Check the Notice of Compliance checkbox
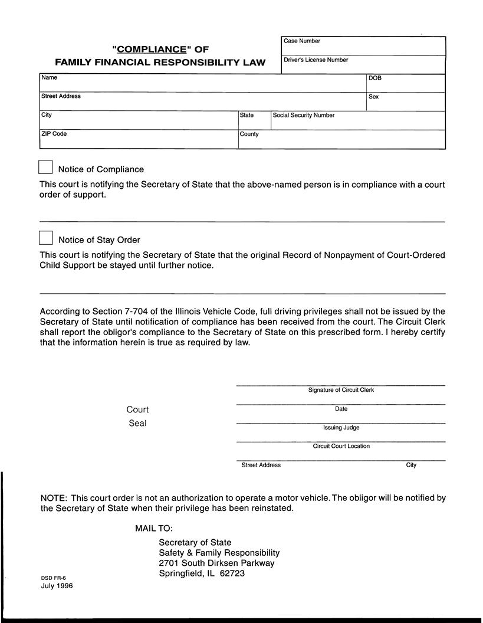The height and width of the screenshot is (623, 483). pos(46,167)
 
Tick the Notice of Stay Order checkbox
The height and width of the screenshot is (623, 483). pos(46,238)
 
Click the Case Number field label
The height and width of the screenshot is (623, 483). pos(302,41)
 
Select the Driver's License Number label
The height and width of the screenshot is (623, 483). pos(316,60)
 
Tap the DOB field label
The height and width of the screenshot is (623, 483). pos(375,78)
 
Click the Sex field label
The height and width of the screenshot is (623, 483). pos(373,97)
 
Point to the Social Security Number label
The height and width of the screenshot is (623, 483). pos(303,116)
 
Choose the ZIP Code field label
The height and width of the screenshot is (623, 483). pos(54,134)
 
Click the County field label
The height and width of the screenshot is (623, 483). pos(249,134)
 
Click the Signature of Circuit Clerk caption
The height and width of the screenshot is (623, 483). pos(341,390)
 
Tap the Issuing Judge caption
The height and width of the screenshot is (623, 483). pos(341,428)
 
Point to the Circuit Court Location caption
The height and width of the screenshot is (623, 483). pos(341,447)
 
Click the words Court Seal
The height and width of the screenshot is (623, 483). pos(137,417)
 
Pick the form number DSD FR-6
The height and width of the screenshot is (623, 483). pos(53,578)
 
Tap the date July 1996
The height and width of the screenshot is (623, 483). pos(57,586)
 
